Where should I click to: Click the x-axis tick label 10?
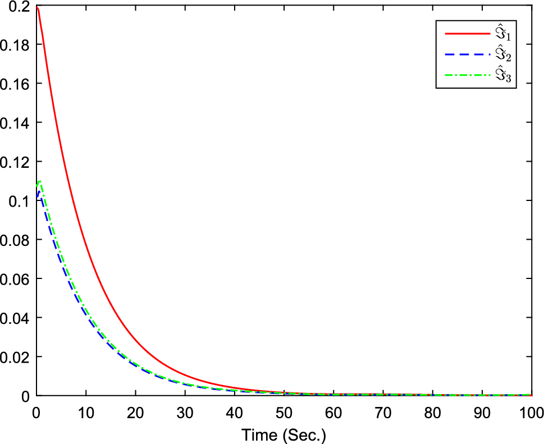click(85, 411)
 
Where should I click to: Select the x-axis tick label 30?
click(185, 411)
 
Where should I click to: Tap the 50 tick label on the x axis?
click(284, 411)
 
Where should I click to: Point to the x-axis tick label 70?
click(383, 411)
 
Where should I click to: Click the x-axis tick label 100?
click(531, 411)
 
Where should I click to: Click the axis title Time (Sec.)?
click(284, 434)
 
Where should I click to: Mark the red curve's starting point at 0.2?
click(36, 6)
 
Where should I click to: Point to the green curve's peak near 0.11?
click(40, 181)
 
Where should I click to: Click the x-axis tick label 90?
click(482, 411)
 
